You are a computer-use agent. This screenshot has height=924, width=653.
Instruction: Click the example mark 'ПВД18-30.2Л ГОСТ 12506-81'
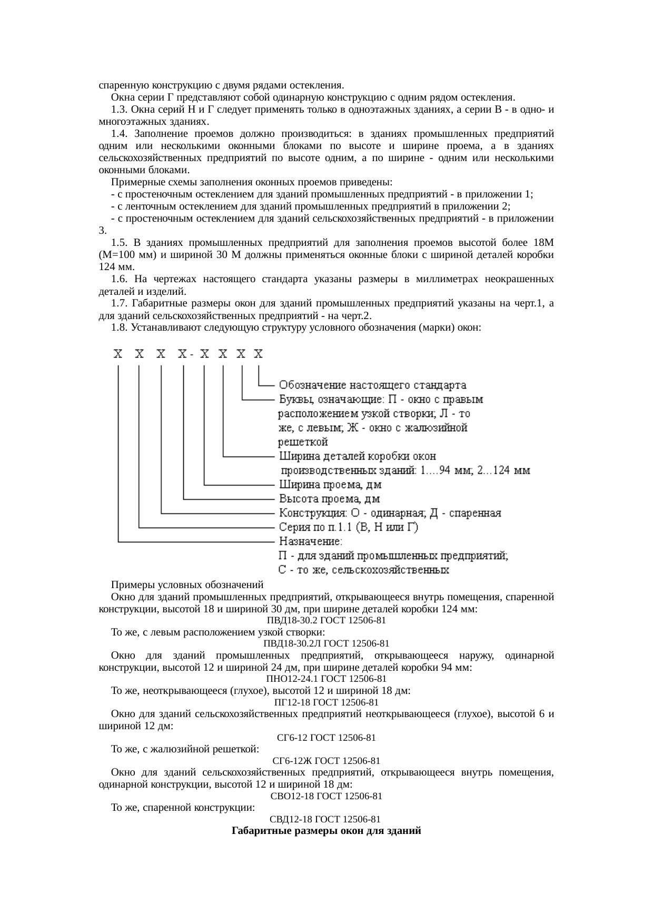pyautogui.click(x=326, y=643)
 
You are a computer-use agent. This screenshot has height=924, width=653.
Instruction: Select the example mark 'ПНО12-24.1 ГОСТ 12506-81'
pyautogui.click(x=326, y=679)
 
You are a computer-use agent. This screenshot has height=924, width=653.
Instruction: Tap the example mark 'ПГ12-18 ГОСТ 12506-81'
pyautogui.click(x=326, y=702)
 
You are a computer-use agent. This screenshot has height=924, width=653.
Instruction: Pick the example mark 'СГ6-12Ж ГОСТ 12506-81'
pyautogui.click(x=326, y=761)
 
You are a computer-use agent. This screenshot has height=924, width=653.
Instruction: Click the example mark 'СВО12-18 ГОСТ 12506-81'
pyautogui.click(x=326, y=796)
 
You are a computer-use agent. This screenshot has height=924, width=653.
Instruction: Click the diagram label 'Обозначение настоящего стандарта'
pyautogui.click(x=372, y=385)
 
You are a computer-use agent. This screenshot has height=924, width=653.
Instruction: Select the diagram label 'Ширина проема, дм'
pyautogui.click(x=330, y=484)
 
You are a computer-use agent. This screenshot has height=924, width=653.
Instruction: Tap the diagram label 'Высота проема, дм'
pyautogui.click(x=329, y=499)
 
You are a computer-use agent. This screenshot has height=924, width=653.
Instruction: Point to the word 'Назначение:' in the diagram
pyautogui.click(x=310, y=541)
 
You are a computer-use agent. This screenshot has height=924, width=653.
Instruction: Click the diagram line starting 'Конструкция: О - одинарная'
pyautogui.click(x=390, y=513)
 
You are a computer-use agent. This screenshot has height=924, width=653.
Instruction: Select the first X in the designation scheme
pyautogui.click(x=118, y=354)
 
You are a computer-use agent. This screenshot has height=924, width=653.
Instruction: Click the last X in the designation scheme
pyautogui.click(x=258, y=354)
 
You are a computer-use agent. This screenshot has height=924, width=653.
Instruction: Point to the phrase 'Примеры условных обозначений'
pyautogui.click(x=187, y=585)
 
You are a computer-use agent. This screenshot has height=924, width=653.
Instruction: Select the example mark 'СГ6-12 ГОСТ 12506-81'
pyautogui.click(x=326, y=738)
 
